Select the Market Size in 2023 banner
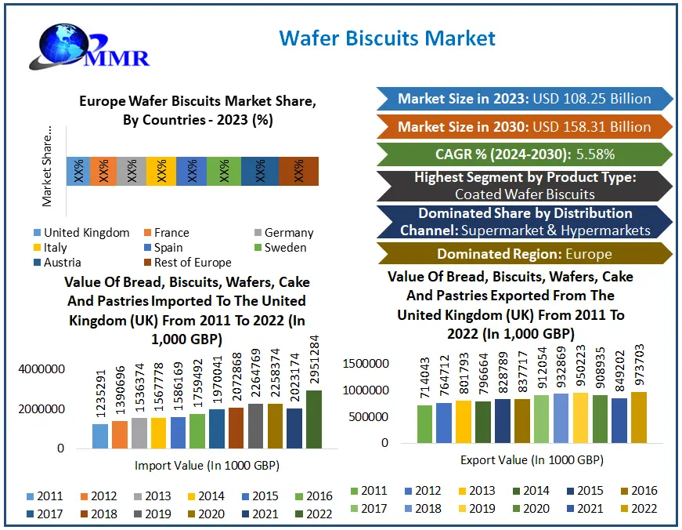pos(524,99)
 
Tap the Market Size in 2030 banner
pos(524,127)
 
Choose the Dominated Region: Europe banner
pos(524,253)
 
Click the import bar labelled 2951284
pos(314,419)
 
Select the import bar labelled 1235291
pos(100,436)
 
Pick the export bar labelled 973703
pos(639,417)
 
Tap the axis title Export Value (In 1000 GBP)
pos(532,459)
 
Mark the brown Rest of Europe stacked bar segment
pos(299,171)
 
